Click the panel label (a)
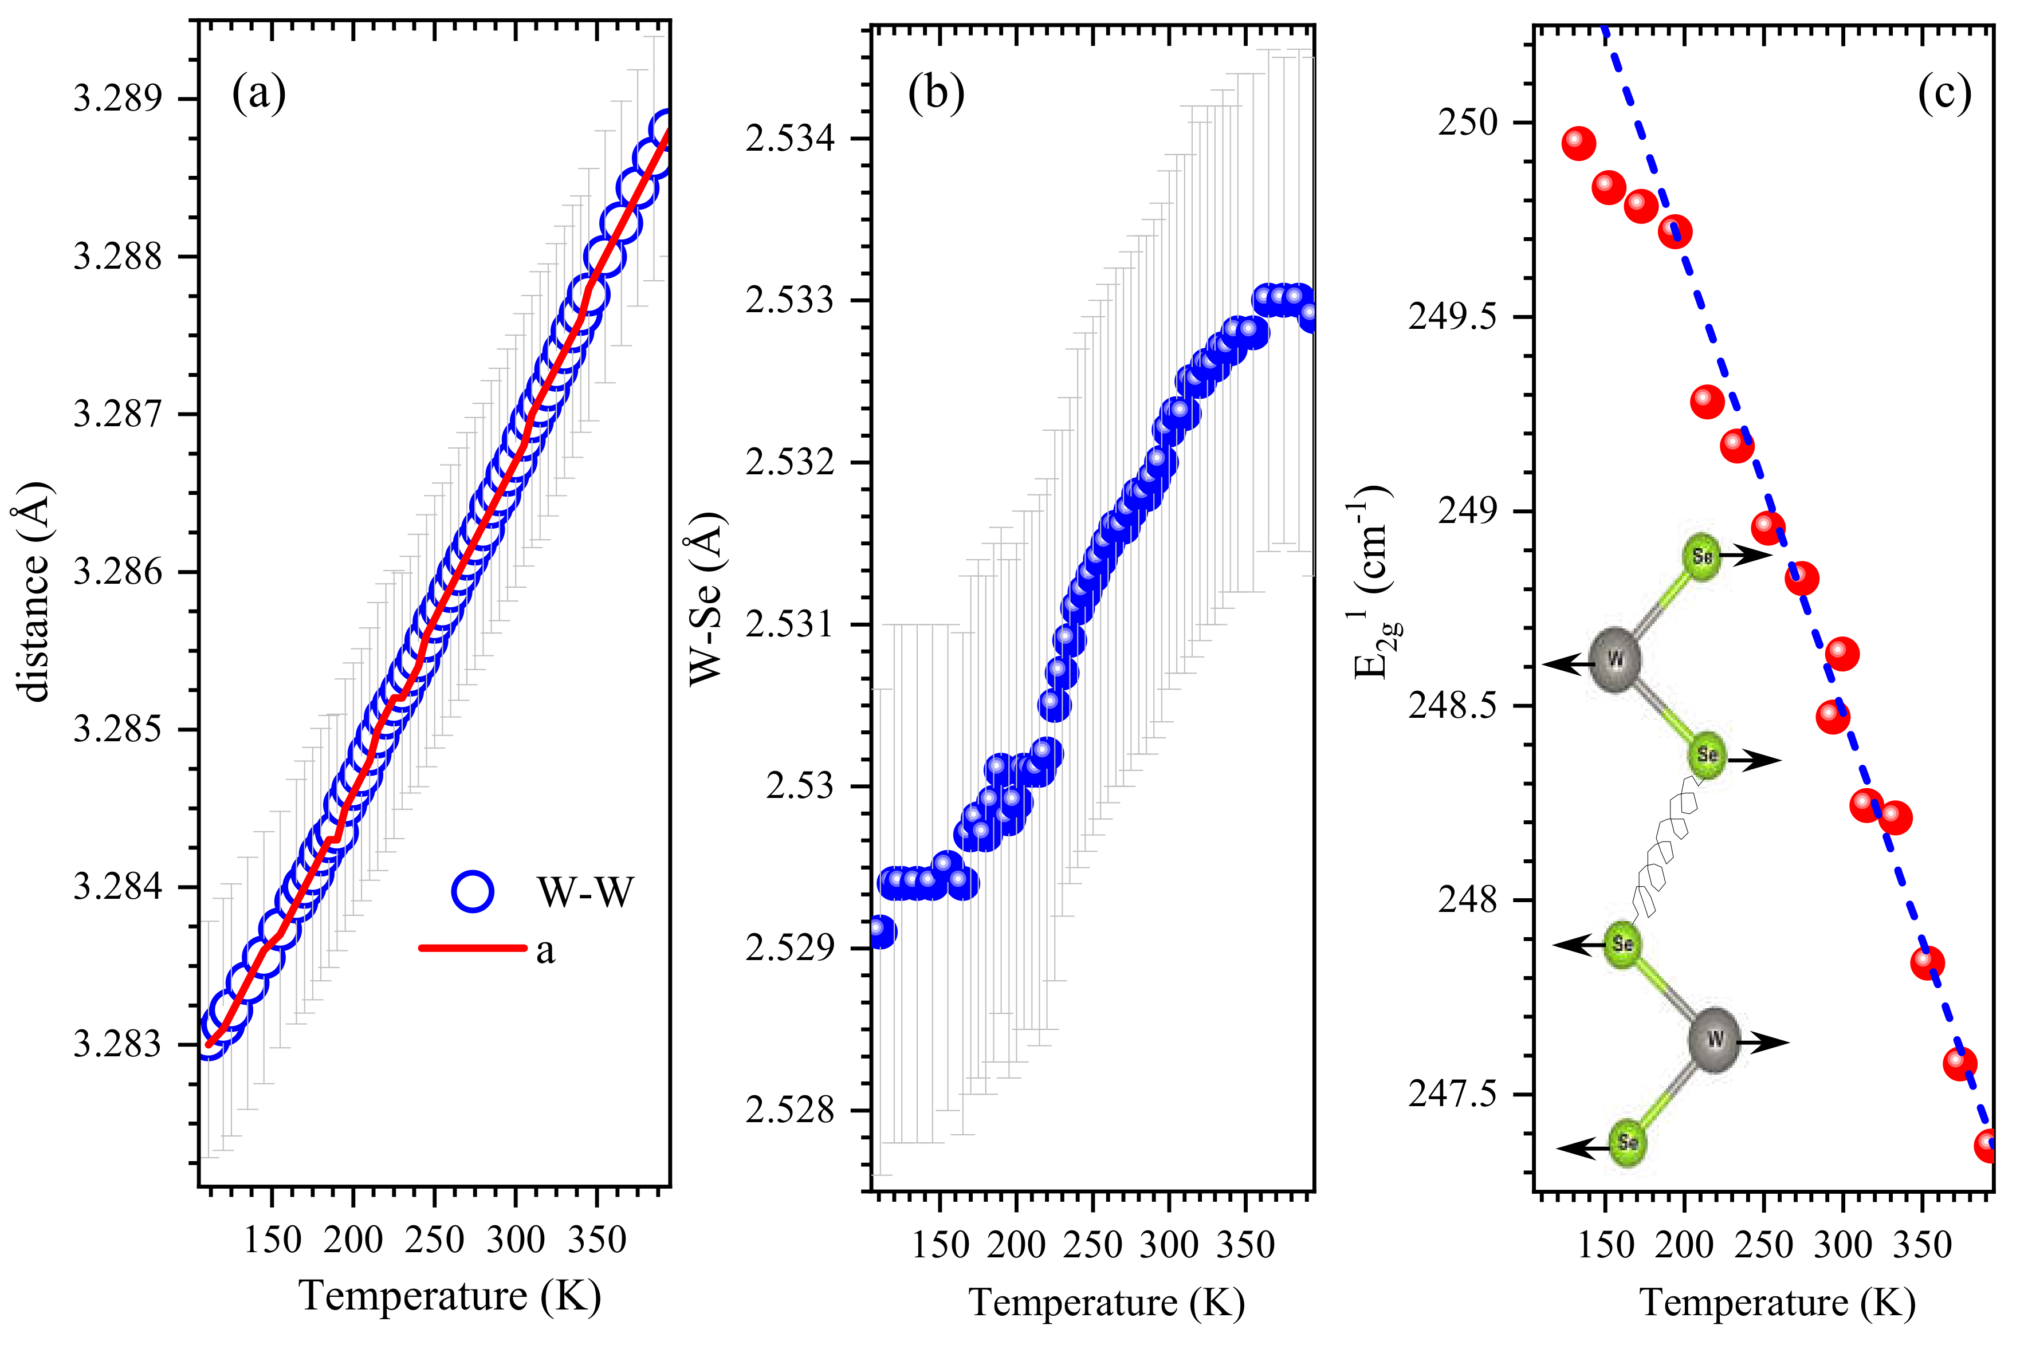[x=258, y=93]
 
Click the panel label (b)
[x=936, y=93]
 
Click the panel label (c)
[x=1944, y=93]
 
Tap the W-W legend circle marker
[x=473, y=891]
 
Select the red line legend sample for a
[x=473, y=948]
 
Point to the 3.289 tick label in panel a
[x=117, y=100]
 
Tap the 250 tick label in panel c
[x=1467, y=123]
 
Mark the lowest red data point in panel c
[x=1988, y=1145]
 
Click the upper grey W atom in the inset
[x=1615, y=659]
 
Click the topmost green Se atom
[x=1702, y=557]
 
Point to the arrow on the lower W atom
[x=1767, y=1043]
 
